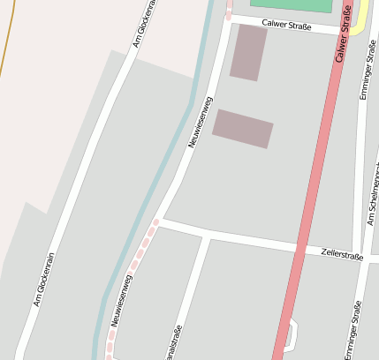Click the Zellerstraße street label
pos(343,255)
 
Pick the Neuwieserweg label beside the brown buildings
pos(201,121)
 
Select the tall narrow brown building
pos(248,52)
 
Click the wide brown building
pos(243,129)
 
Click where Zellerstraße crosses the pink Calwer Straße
pos(303,247)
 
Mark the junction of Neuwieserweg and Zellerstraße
pos(160,221)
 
